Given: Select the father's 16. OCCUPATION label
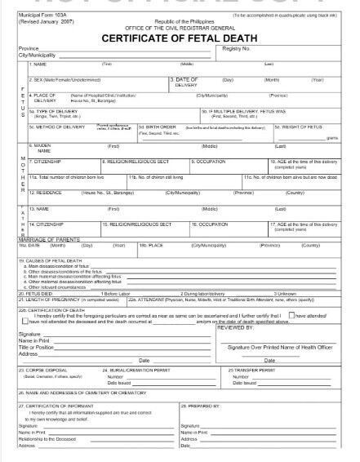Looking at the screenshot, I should click(210, 223).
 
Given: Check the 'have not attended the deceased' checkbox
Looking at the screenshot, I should click(23, 322).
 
